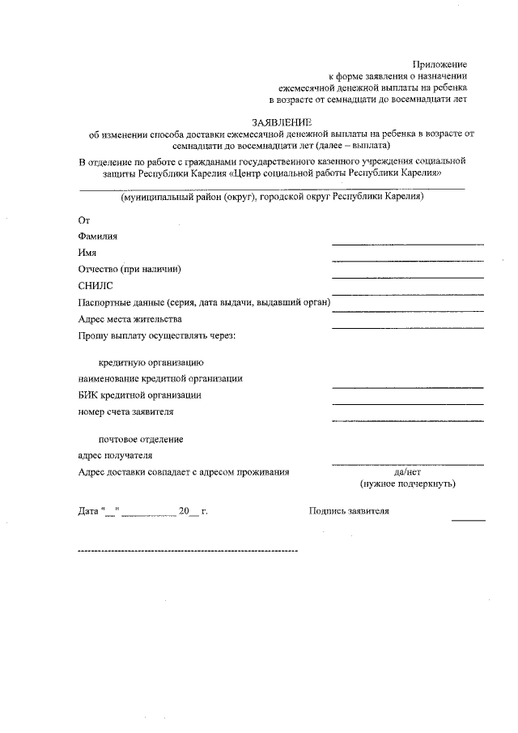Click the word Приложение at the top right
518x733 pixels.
click(x=439, y=64)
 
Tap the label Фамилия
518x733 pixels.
click(x=97, y=237)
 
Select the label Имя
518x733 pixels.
click(x=87, y=253)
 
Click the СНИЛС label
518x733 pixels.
click(x=96, y=286)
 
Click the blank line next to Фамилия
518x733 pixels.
click(x=407, y=243)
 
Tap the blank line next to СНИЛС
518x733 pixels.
click(x=407, y=293)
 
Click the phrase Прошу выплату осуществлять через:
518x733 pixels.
click(x=156, y=335)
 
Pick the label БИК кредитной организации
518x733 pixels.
click(x=140, y=395)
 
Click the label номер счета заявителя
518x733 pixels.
click(x=125, y=411)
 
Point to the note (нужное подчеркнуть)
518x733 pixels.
click(x=407, y=484)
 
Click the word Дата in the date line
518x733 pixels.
click(x=88, y=512)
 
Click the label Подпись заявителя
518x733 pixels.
click(x=349, y=511)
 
